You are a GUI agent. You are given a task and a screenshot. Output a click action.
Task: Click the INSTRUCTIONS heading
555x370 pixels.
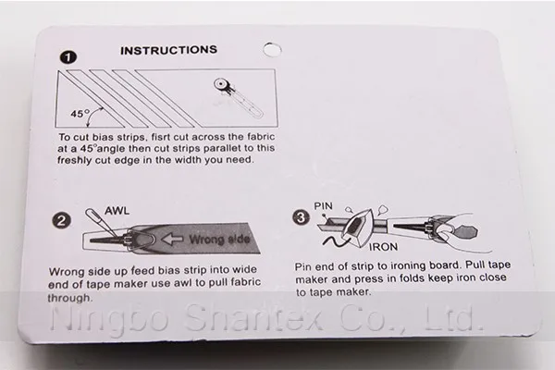pyautogui.click(x=168, y=50)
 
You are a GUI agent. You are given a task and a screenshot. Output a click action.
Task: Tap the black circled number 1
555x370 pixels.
pyautogui.click(x=68, y=57)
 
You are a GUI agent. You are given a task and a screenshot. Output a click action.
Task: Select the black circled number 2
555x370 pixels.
pyautogui.click(x=61, y=220)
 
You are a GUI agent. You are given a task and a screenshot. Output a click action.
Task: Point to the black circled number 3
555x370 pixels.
pyautogui.click(x=302, y=217)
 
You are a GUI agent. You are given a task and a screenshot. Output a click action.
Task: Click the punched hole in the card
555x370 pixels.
pyautogui.click(x=272, y=50)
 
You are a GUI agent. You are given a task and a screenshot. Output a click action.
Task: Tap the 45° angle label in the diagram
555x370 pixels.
pyautogui.click(x=80, y=114)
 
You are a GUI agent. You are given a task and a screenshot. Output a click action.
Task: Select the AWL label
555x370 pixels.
pyautogui.click(x=117, y=211)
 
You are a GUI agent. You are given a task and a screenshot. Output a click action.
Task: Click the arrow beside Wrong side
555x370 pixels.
pyautogui.click(x=172, y=239)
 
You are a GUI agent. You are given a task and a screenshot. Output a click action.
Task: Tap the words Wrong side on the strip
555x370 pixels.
pyautogui.click(x=219, y=240)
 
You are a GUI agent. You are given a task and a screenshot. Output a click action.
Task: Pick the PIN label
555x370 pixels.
pyautogui.click(x=324, y=205)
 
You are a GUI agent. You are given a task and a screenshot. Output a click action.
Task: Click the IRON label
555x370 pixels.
pyautogui.click(x=383, y=247)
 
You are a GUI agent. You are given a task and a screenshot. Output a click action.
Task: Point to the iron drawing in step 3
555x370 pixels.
pyautogui.click(x=357, y=228)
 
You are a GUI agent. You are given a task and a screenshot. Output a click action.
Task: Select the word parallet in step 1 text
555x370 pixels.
pyautogui.click(x=222, y=149)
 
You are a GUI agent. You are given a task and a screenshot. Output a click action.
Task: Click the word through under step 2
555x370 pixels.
pyautogui.click(x=69, y=298)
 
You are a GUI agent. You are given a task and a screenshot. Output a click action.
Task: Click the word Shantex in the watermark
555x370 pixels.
pyautogui.click(x=254, y=317)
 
